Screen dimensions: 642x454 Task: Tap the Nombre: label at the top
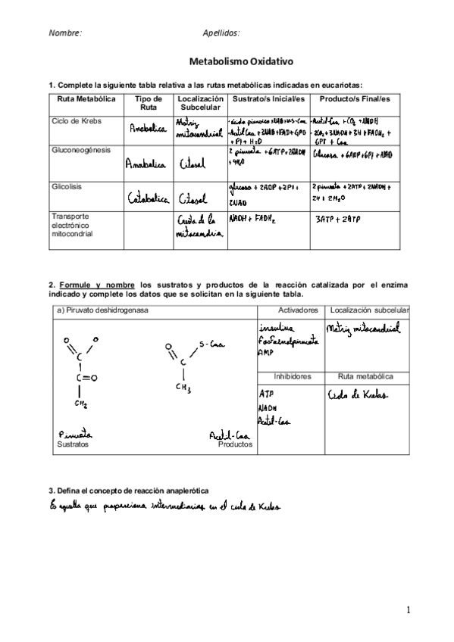65,33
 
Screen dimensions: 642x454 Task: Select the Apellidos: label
221,33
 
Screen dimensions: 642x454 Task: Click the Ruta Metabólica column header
86,99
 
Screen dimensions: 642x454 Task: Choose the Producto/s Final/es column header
355,99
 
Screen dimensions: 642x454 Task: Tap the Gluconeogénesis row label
80,150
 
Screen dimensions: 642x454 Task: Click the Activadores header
299,311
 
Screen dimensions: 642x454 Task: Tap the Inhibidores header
299,376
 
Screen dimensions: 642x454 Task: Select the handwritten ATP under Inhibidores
266,395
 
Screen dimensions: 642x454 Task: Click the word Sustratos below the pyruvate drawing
72,445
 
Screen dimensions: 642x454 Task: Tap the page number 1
407,609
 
